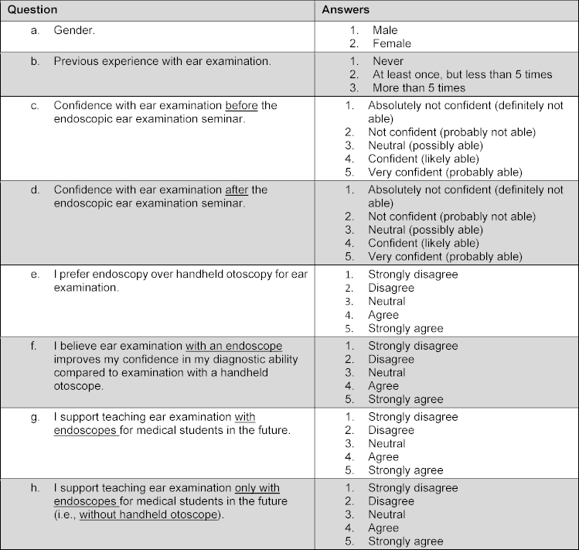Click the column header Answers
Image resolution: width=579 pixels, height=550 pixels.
pyautogui.click(x=346, y=10)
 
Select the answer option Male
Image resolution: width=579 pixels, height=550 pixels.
pyautogui.click(x=384, y=30)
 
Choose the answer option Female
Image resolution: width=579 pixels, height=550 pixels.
pyautogui.click(x=391, y=43)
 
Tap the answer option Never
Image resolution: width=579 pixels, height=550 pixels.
pyautogui.click(x=387, y=61)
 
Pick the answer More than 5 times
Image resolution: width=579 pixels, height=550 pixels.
pyautogui.click(x=418, y=87)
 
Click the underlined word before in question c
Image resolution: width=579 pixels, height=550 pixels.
pyautogui.click(x=241, y=105)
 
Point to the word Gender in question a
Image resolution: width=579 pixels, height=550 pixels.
pyautogui.click(x=74, y=30)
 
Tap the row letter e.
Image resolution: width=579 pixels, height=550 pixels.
pyautogui.click(x=34, y=275)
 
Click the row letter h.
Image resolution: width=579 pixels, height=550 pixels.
pyautogui.click(x=34, y=488)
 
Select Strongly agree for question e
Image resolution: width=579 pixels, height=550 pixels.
pyautogui.click(x=405, y=328)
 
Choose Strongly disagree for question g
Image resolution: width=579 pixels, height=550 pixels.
pyautogui.click(x=413, y=417)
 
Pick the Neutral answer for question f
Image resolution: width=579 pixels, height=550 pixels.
pyautogui.click(x=387, y=373)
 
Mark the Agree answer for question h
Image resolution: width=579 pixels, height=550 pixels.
pyautogui.click(x=383, y=528)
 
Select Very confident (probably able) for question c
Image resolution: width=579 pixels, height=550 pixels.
pyautogui.click(x=445, y=172)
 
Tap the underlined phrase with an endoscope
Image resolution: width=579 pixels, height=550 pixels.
pyautogui.click(x=233, y=346)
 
